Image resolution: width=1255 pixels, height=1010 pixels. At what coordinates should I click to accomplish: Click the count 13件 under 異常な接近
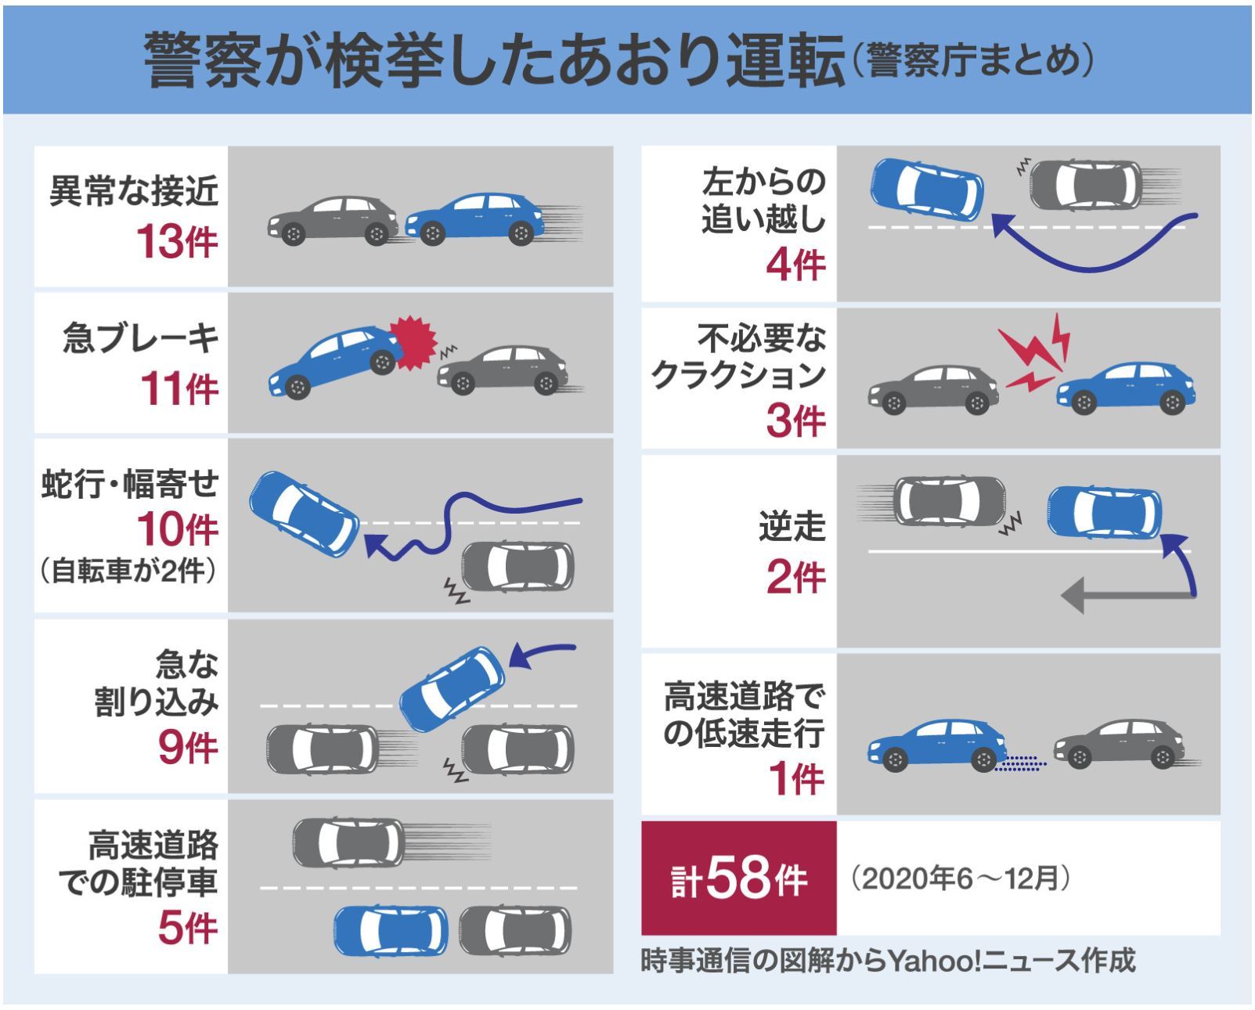click(x=177, y=241)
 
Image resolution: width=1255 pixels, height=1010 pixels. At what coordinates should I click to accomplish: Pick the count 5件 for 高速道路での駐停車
click(x=187, y=929)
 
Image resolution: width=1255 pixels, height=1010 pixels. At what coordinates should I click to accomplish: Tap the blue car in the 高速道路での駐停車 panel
click(x=390, y=930)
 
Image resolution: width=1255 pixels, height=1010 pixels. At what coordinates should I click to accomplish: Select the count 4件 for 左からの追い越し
click(x=795, y=264)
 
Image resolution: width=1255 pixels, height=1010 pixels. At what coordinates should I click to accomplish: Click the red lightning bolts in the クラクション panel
click(x=1035, y=354)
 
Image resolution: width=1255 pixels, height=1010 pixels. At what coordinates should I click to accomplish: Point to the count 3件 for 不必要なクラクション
click(x=795, y=420)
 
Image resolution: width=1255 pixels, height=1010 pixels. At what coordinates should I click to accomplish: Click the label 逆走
click(x=792, y=526)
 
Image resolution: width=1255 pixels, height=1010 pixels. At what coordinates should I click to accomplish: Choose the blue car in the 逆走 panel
click(x=1104, y=511)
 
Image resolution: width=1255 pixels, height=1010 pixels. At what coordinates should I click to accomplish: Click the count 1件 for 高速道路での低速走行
click(x=795, y=778)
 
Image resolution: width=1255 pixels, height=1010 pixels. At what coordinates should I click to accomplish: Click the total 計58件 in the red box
click(x=739, y=878)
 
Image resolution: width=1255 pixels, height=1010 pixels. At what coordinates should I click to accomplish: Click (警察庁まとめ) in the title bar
click(x=972, y=62)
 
